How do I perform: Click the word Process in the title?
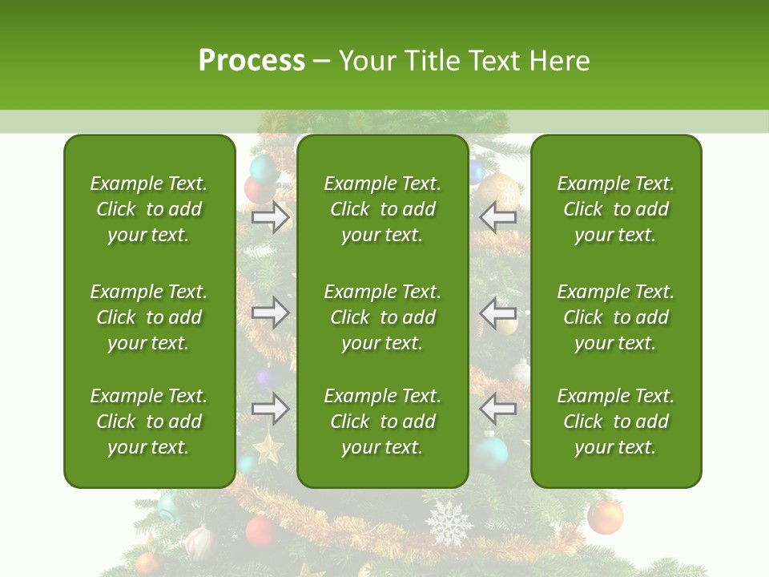[x=252, y=61]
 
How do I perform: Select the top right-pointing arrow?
[x=270, y=216]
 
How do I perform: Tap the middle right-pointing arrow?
[x=270, y=313]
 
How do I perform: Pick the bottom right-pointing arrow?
[x=270, y=408]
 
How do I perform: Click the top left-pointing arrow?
[x=498, y=216]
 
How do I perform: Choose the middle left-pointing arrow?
[x=498, y=313]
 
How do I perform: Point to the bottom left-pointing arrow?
[x=498, y=408]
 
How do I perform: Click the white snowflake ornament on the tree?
[x=449, y=523]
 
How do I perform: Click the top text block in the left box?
[x=149, y=209]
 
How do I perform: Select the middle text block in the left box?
[x=149, y=317]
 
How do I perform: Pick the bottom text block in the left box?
[x=149, y=422]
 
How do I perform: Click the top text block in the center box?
[x=382, y=209]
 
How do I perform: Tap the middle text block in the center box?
[x=382, y=317]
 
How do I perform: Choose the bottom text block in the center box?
[x=382, y=422]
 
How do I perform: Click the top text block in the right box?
[x=615, y=209]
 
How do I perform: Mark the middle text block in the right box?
[x=615, y=317]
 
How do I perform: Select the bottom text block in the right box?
[x=615, y=422]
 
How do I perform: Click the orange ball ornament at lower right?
[x=605, y=518]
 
